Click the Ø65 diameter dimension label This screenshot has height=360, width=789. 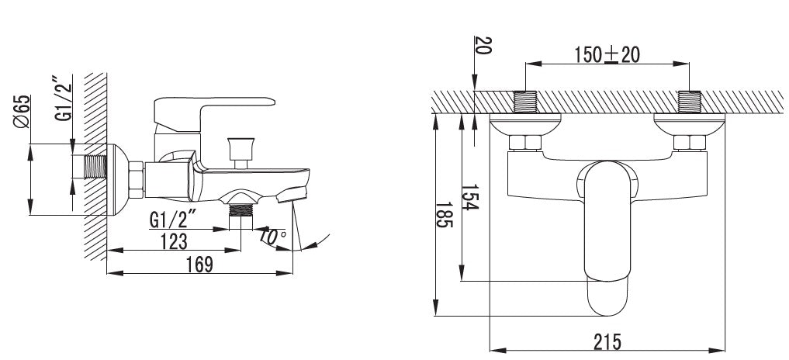pos(22,111)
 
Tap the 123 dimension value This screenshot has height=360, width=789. pos(174,241)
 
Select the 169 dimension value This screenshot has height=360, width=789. pos(199,265)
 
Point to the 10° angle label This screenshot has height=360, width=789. pos(273,236)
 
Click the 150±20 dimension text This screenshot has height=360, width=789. pos(607,54)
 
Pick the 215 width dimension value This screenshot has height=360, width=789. pos(607,342)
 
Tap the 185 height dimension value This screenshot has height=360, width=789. pos(444,215)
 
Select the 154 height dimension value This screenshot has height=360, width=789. pos(469,197)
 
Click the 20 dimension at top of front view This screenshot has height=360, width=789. pos(483,45)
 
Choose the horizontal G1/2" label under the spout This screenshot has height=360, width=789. pos(172,220)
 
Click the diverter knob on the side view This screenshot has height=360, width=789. pos(241,153)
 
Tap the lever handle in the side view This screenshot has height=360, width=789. pos(213,113)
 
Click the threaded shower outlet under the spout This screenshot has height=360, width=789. pos(241,210)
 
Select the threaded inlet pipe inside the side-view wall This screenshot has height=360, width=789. pos(95,167)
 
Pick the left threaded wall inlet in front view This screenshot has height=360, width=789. pos(525,102)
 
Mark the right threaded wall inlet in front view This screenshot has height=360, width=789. pos(690,102)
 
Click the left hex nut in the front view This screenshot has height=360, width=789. pos(525,143)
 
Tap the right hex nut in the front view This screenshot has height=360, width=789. pos(690,143)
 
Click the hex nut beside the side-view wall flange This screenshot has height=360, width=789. pos(137,180)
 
